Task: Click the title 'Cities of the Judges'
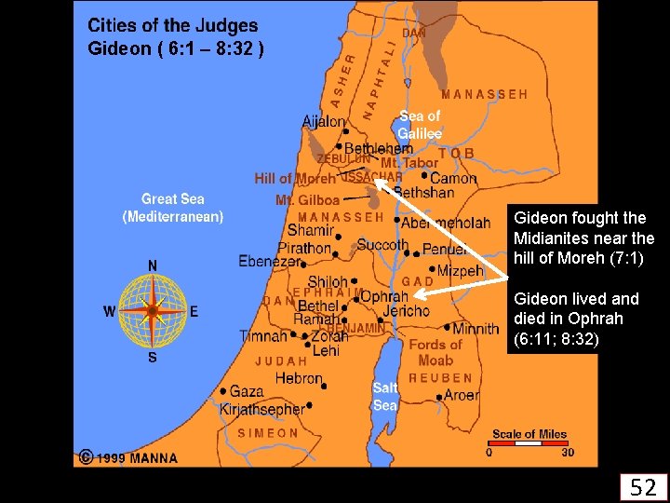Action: [x=173, y=27]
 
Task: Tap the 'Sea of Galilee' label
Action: [x=419, y=125]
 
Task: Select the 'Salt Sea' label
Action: [x=385, y=396]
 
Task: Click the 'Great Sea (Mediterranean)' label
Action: [x=173, y=208]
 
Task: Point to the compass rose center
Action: [x=152, y=310]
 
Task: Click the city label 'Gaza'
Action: [x=247, y=392]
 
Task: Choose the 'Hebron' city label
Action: [x=299, y=378]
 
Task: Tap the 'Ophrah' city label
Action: [x=383, y=296]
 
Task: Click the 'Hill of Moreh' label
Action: [x=295, y=178]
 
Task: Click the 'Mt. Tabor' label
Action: [x=409, y=163]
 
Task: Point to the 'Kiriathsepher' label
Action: [x=261, y=409]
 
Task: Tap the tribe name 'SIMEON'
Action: [x=268, y=433]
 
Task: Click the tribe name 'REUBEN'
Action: [x=440, y=378]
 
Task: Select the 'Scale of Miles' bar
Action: [x=529, y=444]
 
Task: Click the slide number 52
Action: [x=643, y=486]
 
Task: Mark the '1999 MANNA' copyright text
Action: [x=134, y=457]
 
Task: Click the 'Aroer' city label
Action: [x=462, y=395]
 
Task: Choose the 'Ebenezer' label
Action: [x=270, y=262]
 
